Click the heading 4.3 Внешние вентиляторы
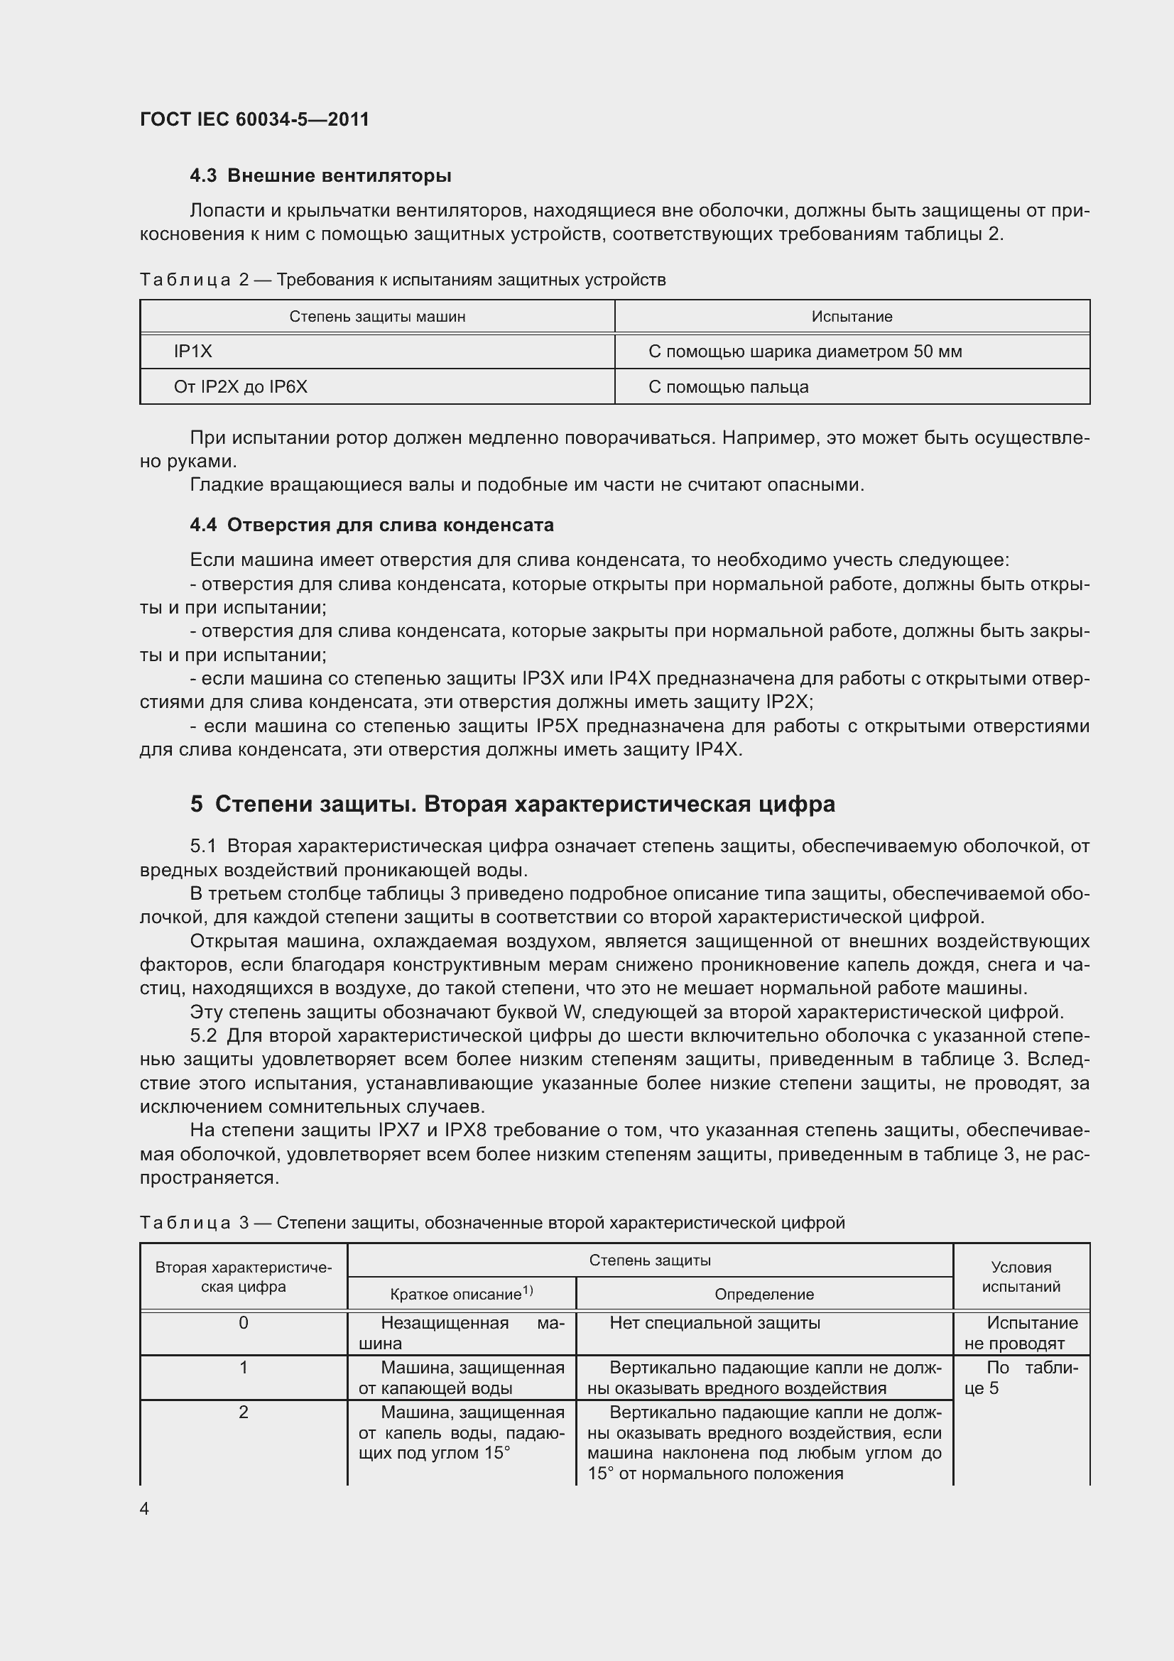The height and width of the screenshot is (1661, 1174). (x=320, y=176)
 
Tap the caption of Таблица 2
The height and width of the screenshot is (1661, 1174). (x=402, y=280)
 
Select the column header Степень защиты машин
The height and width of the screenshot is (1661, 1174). (x=377, y=317)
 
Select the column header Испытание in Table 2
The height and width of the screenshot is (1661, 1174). (x=852, y=317)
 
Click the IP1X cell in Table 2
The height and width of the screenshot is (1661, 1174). (x=193, y=352)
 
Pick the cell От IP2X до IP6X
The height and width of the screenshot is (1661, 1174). (x=240, y=387)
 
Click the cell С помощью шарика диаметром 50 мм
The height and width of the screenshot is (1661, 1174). (x=805, y=352)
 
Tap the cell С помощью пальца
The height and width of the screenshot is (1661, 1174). (x=728, y=387)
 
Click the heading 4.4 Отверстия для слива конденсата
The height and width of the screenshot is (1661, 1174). (x=372, y=525)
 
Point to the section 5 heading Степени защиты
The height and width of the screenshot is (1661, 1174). (x=512, y=804)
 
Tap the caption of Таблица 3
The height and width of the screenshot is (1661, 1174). (x=492, y=1223)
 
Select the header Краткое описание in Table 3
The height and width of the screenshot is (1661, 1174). (x=461, y=1295)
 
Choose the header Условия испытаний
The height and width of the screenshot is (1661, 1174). (x=1021, y=1277)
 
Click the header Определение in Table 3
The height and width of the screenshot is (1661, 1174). (x=764, y=1295)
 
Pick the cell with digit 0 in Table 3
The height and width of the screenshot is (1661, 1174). (x=243, y=1323)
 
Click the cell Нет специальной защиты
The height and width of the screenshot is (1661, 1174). (x=714, y=1323)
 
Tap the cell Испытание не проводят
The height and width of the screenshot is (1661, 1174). (x=1021, y=1334)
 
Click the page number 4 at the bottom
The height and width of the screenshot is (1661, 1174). (x=145, y=1508)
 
